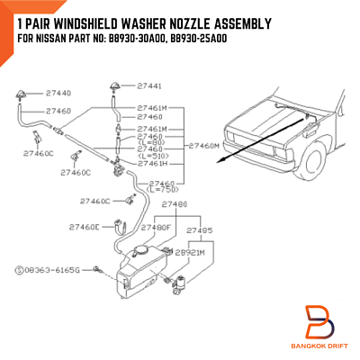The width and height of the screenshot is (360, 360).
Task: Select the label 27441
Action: [x=150, y=86]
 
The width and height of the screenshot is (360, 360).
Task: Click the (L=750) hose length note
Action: [x=163, y=189]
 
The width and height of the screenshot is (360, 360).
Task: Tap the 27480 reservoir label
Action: [x=174, y=204]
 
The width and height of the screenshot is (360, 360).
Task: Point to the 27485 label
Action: [x=200, y=229]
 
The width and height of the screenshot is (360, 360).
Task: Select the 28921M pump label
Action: [x=202, y=253]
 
